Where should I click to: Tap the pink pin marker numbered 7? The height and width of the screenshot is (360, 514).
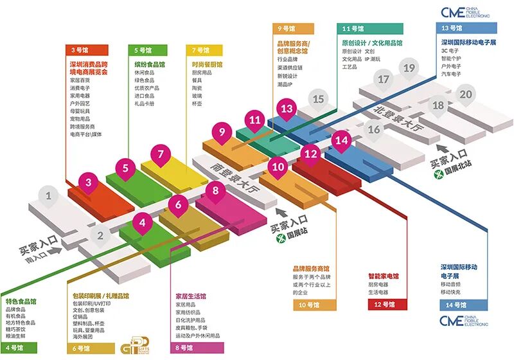click(x=160, y=155)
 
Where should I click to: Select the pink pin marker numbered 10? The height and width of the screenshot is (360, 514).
click(x=278, y=166)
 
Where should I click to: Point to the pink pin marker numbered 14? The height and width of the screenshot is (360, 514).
click(x=342, y=140)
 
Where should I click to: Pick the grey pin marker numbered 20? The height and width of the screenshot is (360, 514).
click(x=465, y=94)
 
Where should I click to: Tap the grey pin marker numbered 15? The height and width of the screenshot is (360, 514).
click(x=319, y=99)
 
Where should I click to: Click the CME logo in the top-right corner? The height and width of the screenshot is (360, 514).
click(x=465, y=12)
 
